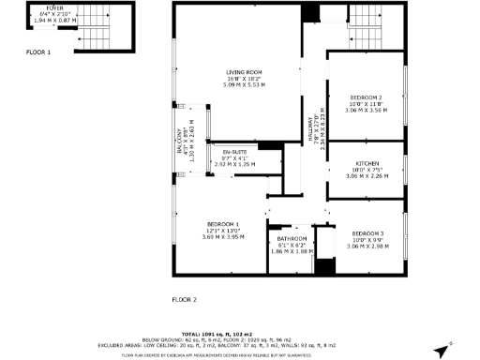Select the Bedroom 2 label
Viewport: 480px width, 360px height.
click(x=367, y=97)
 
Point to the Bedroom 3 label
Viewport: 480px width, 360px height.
click(x=367, y=232)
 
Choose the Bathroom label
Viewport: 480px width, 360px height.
click(x=291, y=238)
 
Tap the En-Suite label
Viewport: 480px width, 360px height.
click(x=234, y=151)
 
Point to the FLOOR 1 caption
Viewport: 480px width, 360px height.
click(x=38, y=52)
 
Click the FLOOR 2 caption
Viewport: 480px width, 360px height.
click(x=184, y=300)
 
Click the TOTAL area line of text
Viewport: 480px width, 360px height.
click(x=240, y=334)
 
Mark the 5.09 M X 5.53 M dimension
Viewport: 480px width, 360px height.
click(x=244, y=85)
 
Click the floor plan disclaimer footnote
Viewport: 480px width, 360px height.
click(x=240, y=355)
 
